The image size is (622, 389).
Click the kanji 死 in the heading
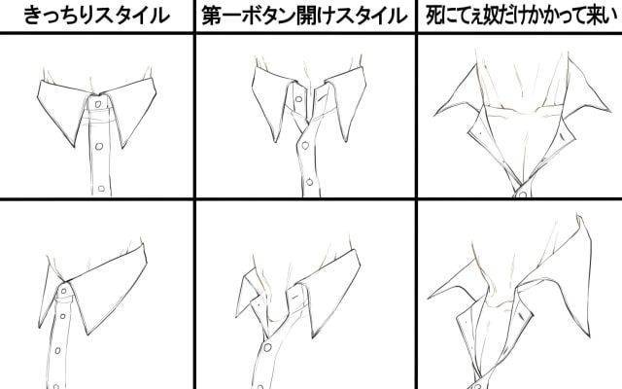pyautogui.click(x=434, y=17)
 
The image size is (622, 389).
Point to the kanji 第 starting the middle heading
pyautogui.click(x=212, y=17)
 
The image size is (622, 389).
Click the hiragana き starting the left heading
pyautogui.click(x=33, y=17)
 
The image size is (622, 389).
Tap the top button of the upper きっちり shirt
pyautogui.click(x=97, y=104)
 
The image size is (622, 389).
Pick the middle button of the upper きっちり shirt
pyautogui.click(x=99, y=147)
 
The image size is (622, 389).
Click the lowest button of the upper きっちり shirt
pyautogui.click(x=101, y=188)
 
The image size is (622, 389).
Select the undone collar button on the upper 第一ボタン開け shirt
pyautogui.click(x=298, y=99)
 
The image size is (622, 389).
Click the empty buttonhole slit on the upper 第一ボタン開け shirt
pyautogui.click(x=322, y=96)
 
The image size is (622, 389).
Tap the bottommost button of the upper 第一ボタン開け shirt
pyautogui.click(x=309, y=182)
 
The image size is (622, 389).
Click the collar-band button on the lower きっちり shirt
pyautogui.click(x=65, y=292)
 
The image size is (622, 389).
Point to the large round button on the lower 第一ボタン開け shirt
pyautogui.click(x=268, y=348)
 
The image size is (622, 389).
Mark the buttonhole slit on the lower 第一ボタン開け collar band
pyautogui.click(x=294, y=296)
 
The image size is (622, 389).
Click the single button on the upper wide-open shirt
pyautogui.click(x=523, y=194)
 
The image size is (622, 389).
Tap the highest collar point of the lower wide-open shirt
pyautogui.click(x=578, y=217)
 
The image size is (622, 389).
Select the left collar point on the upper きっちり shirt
pyautogui.click(x=74, y=146)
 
